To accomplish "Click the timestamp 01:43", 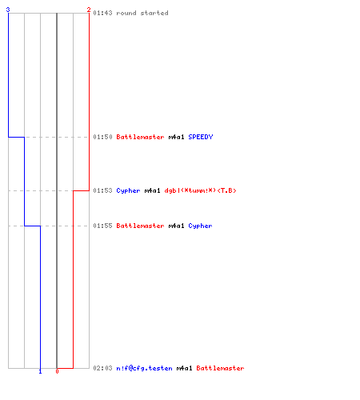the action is tap(102, 13).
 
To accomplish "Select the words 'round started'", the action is tap(142, 13).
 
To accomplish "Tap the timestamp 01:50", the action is tap(102, 137).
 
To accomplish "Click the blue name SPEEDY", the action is tap(201, 137).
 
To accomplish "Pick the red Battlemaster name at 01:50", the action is tap(140, 137).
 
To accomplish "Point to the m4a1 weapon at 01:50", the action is tap(176, 137).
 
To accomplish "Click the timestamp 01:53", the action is tap(102, 190).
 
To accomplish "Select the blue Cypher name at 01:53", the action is tap(128, 191).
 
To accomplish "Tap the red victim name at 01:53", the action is tap(201, 190).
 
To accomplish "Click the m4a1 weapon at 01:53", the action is tap(152, 190).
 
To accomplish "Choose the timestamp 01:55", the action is tap(102, 226).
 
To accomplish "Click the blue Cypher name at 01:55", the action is tap(200, 226).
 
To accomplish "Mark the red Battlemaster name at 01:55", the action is tap(140, 226).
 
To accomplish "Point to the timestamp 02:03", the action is tap(102, 368).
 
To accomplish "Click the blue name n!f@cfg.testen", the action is tap(144, 368).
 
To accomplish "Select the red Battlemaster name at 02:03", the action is tap(220, 368).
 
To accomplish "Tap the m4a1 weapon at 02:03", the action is tap(184, 368).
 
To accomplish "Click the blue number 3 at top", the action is tap(8, 10).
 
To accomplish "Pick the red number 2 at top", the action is tap(89, 10).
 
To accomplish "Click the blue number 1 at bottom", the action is tap(40, 371).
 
